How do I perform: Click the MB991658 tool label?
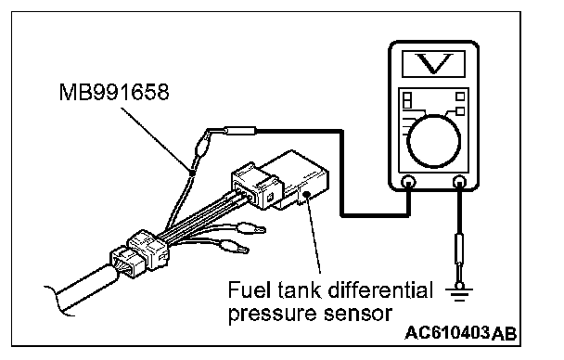[x=114, y=92]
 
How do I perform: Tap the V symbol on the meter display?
[x=434, y=63]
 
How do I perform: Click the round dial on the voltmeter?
[x=434, y=141]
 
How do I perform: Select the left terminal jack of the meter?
[x=408, y=183]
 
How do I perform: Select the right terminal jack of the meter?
[x=459, y=183]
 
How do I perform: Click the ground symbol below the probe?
[x=459, y=292]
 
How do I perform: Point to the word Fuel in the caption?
[x=249, y=289]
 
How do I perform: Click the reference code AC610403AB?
[x=461, y=333]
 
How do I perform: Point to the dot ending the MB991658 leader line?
[x=192, y=173]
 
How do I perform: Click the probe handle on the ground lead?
[x=459, y=249]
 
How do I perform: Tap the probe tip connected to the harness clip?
[x=240, y=130]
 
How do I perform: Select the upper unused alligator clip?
[x=250, y=228]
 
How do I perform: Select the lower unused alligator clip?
[x=234, y=247]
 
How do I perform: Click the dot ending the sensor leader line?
[x=306, y=195]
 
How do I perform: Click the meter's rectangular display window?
[x=434, y=64]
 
